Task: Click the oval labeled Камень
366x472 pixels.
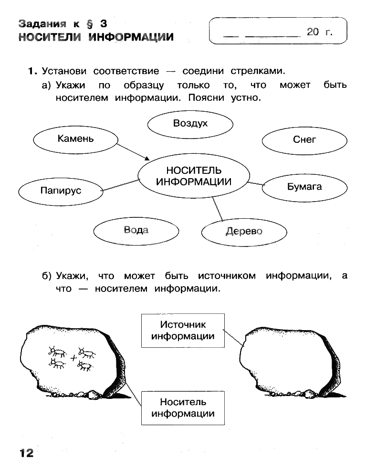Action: [75, 139]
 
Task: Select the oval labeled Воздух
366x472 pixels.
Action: [190, 123]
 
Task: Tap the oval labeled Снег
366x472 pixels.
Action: [304, 139]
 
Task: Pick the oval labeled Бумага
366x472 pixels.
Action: [304, 187]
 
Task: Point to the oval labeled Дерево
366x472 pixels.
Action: [244, 232]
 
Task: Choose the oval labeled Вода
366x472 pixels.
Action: [136, 230]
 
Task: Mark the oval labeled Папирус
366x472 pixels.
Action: [61, 191]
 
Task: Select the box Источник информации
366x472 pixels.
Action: [183, 330]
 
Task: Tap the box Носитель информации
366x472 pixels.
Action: [183, 408]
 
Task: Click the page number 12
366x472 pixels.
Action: [26, 452]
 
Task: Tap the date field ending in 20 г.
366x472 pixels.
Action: [278, 32]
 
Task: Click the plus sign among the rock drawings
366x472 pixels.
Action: [73, 358]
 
